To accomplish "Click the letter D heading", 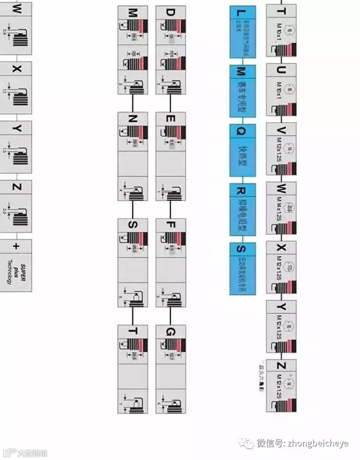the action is click(170, 12).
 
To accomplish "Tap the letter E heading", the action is click(170, 119).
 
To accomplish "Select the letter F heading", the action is click(170, 225).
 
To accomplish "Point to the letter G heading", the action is click(170, 332).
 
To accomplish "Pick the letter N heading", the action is click(133, 119).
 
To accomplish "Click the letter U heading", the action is click(281, 70).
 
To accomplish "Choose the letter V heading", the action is click(281, 129).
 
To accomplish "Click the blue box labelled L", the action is click(242, 32).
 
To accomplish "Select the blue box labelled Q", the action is click(242, 150).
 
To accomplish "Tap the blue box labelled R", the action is click(242, 209).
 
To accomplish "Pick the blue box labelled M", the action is click(242, 91).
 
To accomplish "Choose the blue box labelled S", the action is click(242, 268).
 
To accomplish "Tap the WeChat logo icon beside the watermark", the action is click(246, 443).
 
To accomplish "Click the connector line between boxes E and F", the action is click(170, 210).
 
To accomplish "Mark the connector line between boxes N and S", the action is click(133, 210).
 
